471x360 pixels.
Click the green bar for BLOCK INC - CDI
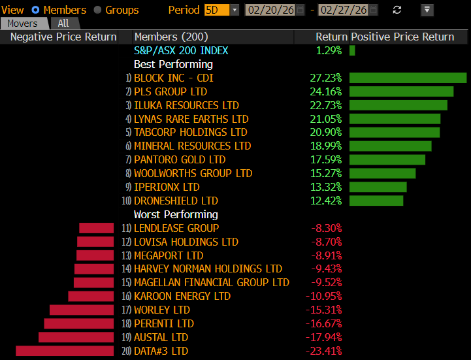point(408,78)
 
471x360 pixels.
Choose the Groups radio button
point(98,10)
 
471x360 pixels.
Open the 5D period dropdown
point(221,10)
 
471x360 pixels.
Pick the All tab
point(63,23)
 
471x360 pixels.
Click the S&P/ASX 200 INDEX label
point(181,50)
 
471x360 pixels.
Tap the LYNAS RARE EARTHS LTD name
point(191,119)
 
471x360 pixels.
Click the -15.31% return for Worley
point(325,310)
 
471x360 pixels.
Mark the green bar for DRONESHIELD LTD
point(376,201)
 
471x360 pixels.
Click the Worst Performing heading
point(176,214)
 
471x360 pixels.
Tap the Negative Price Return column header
point(63,37)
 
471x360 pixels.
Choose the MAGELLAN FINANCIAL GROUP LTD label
point(211,282)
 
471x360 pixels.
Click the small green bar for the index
point(352,50)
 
